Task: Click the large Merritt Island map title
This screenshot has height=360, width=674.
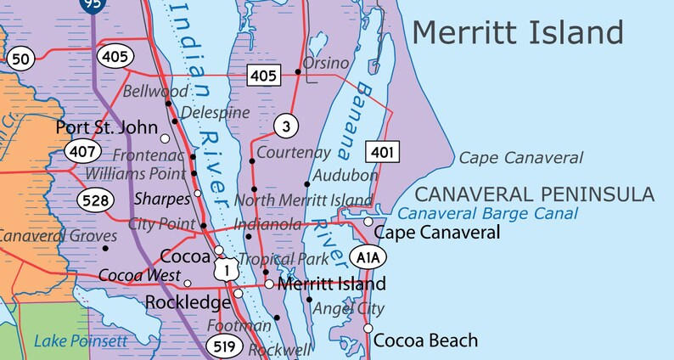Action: [518, 33]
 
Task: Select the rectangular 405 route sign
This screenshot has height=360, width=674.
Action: [264, 76]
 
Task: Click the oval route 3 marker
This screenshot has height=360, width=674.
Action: [287, 127]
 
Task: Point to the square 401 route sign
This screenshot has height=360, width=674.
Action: [382, 152]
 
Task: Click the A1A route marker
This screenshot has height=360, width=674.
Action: [368, 256]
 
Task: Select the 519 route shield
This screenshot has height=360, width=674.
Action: [226, 346]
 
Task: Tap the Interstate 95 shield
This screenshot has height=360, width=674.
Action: [93, 5]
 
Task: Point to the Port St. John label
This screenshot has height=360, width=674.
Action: [107, 128]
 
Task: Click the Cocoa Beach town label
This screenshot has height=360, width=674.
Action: [425, 340]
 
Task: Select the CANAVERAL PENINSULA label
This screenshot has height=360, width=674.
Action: [534, 194]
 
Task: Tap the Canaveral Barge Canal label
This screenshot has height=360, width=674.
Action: [487, 214]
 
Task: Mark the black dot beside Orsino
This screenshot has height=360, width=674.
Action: [298, 71]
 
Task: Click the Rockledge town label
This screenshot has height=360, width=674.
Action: [188, 302]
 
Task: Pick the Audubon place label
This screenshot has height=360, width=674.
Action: [345, 175]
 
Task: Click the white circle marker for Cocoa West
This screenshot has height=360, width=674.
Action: [188, 284]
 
